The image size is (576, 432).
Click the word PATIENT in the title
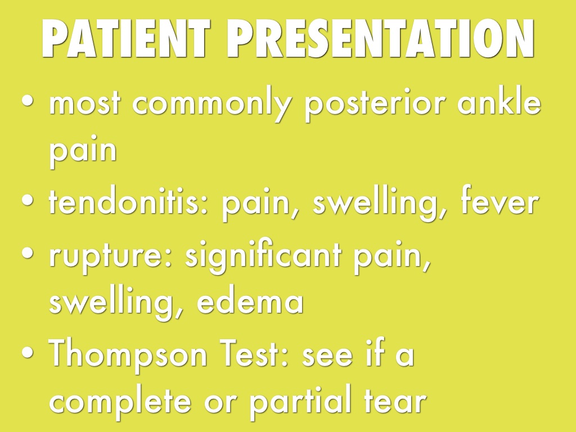coord(125,38)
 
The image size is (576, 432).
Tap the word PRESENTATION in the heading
coord(380,38)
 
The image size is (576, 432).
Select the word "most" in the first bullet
coord(84,103)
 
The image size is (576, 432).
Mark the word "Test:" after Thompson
coord(254,353)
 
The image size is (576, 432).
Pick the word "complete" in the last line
coord(120,403)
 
